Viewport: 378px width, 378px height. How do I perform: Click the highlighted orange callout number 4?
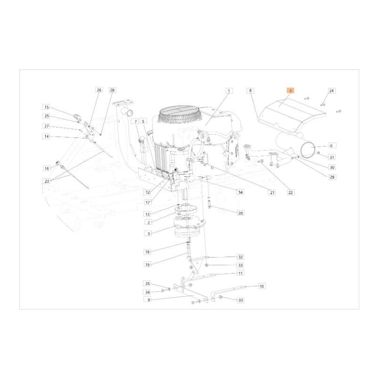291,90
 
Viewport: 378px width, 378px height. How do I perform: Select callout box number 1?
228,90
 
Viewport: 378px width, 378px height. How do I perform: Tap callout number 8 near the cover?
250,90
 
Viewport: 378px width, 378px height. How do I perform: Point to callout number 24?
331,90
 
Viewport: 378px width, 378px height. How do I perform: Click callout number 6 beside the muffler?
331,146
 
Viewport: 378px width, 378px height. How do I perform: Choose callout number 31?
331,157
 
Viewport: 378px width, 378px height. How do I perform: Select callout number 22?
290,192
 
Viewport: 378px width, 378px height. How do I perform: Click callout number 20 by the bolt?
241,213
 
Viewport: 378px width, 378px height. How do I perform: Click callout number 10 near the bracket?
262,286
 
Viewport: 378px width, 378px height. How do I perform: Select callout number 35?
147,283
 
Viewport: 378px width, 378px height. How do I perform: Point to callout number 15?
46,107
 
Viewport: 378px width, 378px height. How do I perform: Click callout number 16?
46,168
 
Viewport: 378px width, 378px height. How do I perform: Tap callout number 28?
112,90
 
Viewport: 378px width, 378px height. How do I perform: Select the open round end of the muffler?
309,150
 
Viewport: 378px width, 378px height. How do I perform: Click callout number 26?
99,90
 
